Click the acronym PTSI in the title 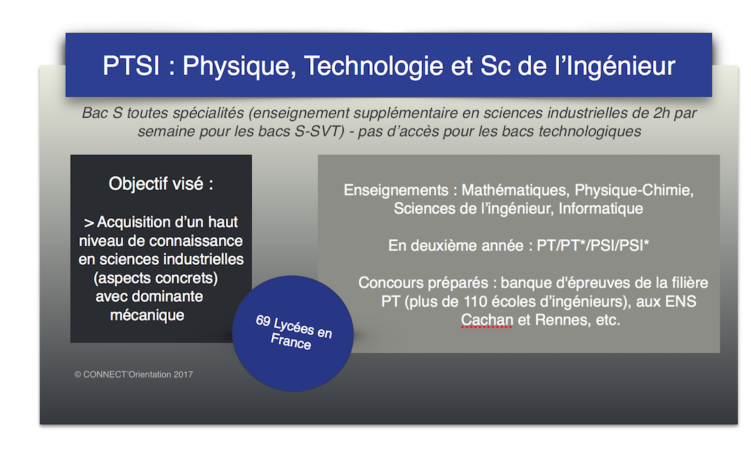pyautogui.click(x=131, y=65)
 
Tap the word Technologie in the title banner pyautogui.click(x=373, y=67)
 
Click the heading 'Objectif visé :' pyautogui.click(x=161, y=184)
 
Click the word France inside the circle pyautogui.click(x=291, y=341)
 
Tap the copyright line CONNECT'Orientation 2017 pyautogui.click(x=134, y=375)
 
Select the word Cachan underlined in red pyautogui.click(x=487, y=320)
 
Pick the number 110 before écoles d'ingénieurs pyautogui.click(x=476, y=302)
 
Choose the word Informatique pyautogui.click(x=601, y=209)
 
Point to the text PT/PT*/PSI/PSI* pyautogui.click(x=593, y=245)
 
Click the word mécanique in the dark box pyautogui.click(x=147, y=316)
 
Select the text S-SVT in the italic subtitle pyautogui.click(x=319, y=131)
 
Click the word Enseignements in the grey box pyautogui.click(x=396, y=190)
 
